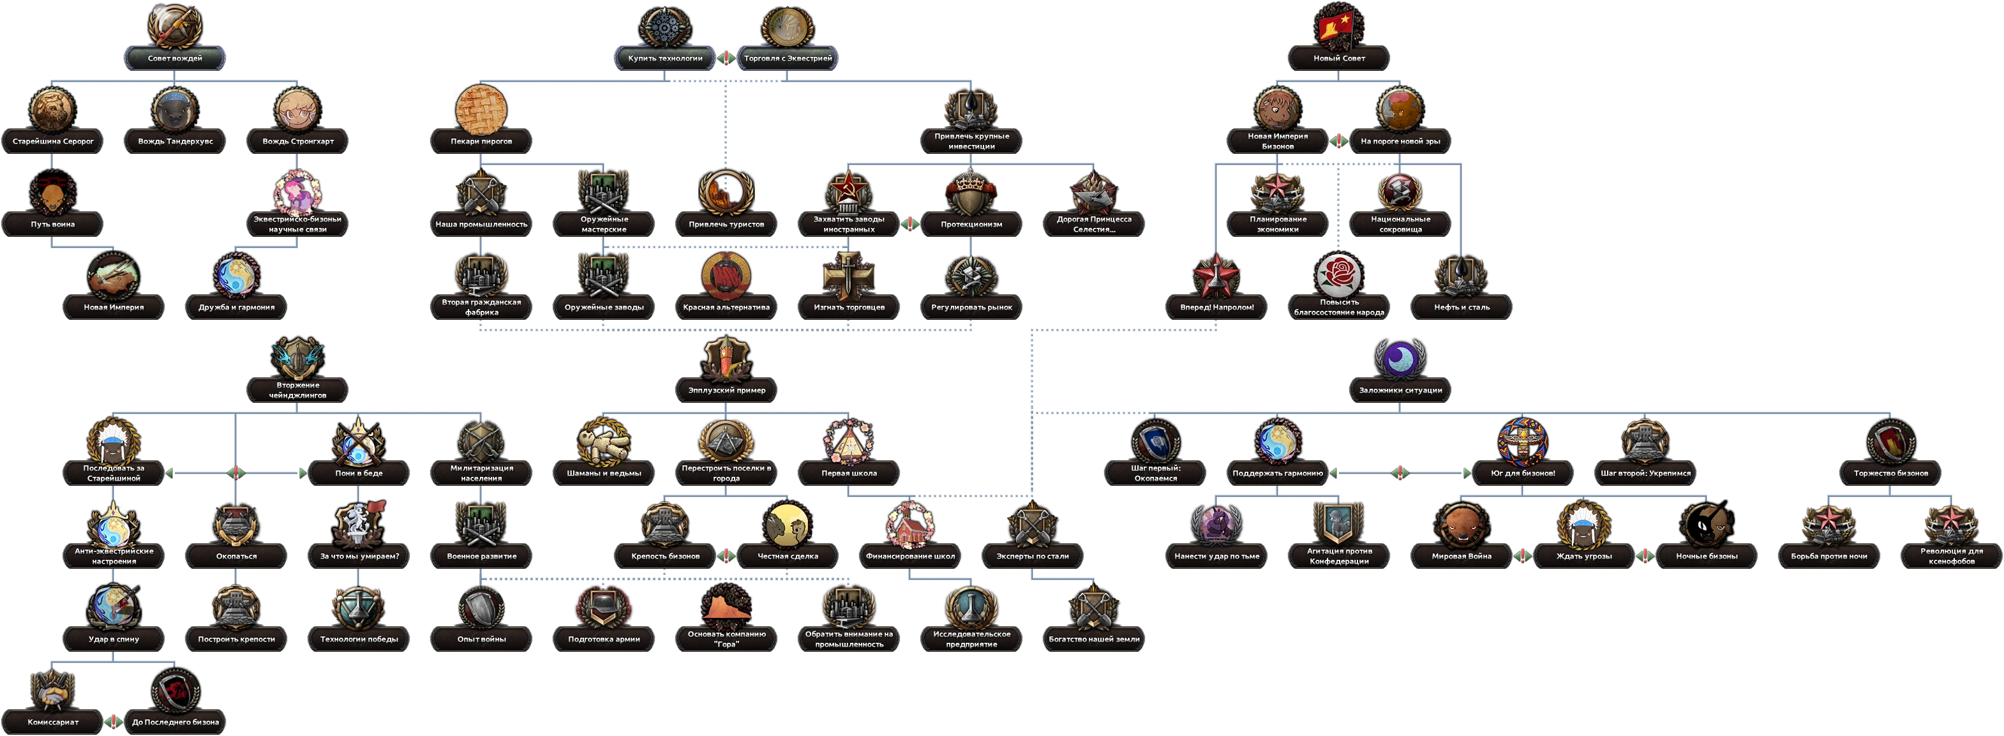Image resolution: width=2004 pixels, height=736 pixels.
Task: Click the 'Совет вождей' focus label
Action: (x=175, y=58)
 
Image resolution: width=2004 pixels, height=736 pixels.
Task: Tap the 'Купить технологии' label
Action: (x=665, y=58)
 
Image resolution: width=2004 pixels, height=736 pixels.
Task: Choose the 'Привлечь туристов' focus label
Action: (x=726, y=224)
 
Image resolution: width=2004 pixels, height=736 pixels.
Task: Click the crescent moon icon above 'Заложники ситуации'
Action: (x=1400, y=358)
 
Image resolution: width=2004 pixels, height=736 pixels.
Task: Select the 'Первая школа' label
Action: (x=849, y=473)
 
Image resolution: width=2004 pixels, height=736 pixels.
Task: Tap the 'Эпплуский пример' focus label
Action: (x=726, y=390)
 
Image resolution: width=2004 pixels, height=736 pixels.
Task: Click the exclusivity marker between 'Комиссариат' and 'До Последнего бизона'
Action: (x=114, y=722)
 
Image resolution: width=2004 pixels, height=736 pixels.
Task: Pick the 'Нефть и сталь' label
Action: (x=1462, y=307)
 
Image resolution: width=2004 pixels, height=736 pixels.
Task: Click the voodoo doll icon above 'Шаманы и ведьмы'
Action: (x=604, y=441)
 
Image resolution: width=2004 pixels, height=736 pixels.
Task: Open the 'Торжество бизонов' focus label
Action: (x=1890, y=473)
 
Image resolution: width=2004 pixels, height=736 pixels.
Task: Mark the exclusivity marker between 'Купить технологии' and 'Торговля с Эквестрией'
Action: (x=726, y=58)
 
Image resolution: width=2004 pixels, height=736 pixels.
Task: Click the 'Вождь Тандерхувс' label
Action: (x=175, y=142)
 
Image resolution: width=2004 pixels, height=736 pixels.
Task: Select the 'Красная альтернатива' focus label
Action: (x=726, y=307)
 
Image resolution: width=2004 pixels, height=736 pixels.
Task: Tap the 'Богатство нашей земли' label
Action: (x=1094, y=640)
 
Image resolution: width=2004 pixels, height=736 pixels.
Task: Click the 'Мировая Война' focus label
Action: (x=1462, y=556)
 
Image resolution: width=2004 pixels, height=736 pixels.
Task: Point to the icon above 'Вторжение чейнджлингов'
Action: (x=298, y=358)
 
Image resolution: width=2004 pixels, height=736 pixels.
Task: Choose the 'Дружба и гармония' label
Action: (x=237, y=307)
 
